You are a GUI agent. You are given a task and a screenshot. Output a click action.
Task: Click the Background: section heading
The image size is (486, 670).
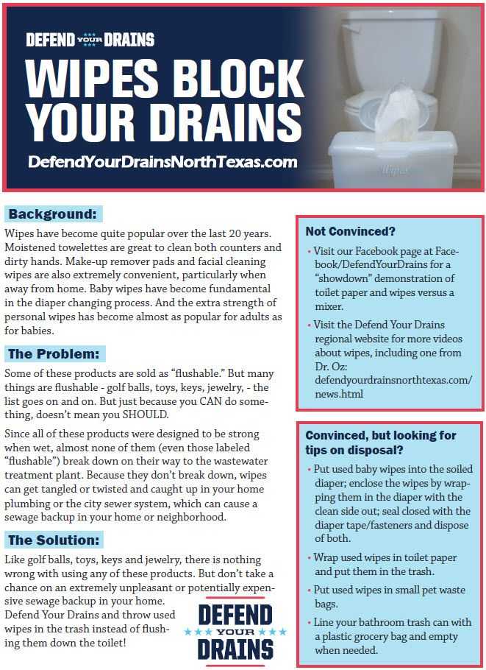pos(52,214)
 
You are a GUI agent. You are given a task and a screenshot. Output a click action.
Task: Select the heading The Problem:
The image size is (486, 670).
pos(56,353)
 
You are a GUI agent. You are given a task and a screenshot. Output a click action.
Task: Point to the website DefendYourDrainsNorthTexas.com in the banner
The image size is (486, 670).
pos(162,161)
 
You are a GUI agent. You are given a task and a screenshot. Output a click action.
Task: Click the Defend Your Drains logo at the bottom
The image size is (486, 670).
pos(236,632)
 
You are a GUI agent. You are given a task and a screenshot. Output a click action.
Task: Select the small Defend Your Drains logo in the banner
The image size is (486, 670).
pos(90,40)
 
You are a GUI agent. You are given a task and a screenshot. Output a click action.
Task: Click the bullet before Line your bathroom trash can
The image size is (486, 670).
pos(308,623)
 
